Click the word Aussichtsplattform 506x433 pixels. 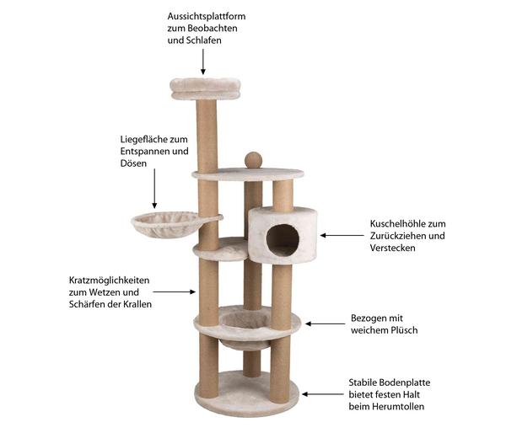click(x=207, y=17)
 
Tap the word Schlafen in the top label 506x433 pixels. click(x=204, y=40)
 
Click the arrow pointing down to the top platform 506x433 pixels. click(x=203, y=61)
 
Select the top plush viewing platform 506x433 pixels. click(x=205, y=88)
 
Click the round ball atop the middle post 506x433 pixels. click(x=253, y=160)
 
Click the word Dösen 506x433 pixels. click(x=133, y=163)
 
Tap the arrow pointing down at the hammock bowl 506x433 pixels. click(x=154, y=189)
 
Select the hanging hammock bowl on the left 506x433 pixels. click(x=165, y=224)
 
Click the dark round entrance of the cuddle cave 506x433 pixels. click(x=283, y=241)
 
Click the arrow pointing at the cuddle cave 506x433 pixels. click(x=342, y=235)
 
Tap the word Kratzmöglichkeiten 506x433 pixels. click(x=109, y=281)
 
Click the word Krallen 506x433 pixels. click(x=136, y=304)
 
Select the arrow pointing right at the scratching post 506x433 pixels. click(x=175, y=292)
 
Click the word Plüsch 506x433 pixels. click(x=404, y=330)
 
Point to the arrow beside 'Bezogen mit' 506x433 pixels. click(x=326, y=323)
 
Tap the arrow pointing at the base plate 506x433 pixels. click(x=323, y=394)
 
